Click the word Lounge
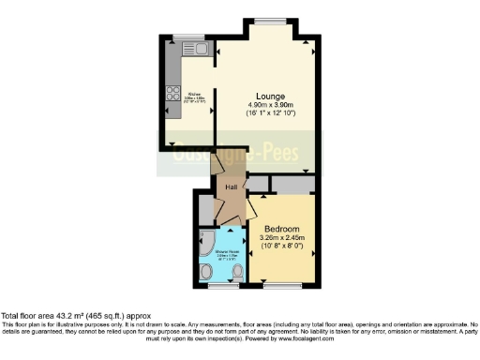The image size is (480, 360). click(265, 94)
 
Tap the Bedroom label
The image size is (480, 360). click(281, 230)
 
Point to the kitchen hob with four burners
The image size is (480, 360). click(172, 93)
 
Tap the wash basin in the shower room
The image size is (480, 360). click(207, 273)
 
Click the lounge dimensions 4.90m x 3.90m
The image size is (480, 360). click(271, 104)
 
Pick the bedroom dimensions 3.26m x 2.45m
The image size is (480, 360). click(282, 239)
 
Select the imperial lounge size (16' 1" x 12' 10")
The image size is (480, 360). click(271, 113)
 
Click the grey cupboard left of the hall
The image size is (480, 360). click(205, 205)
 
